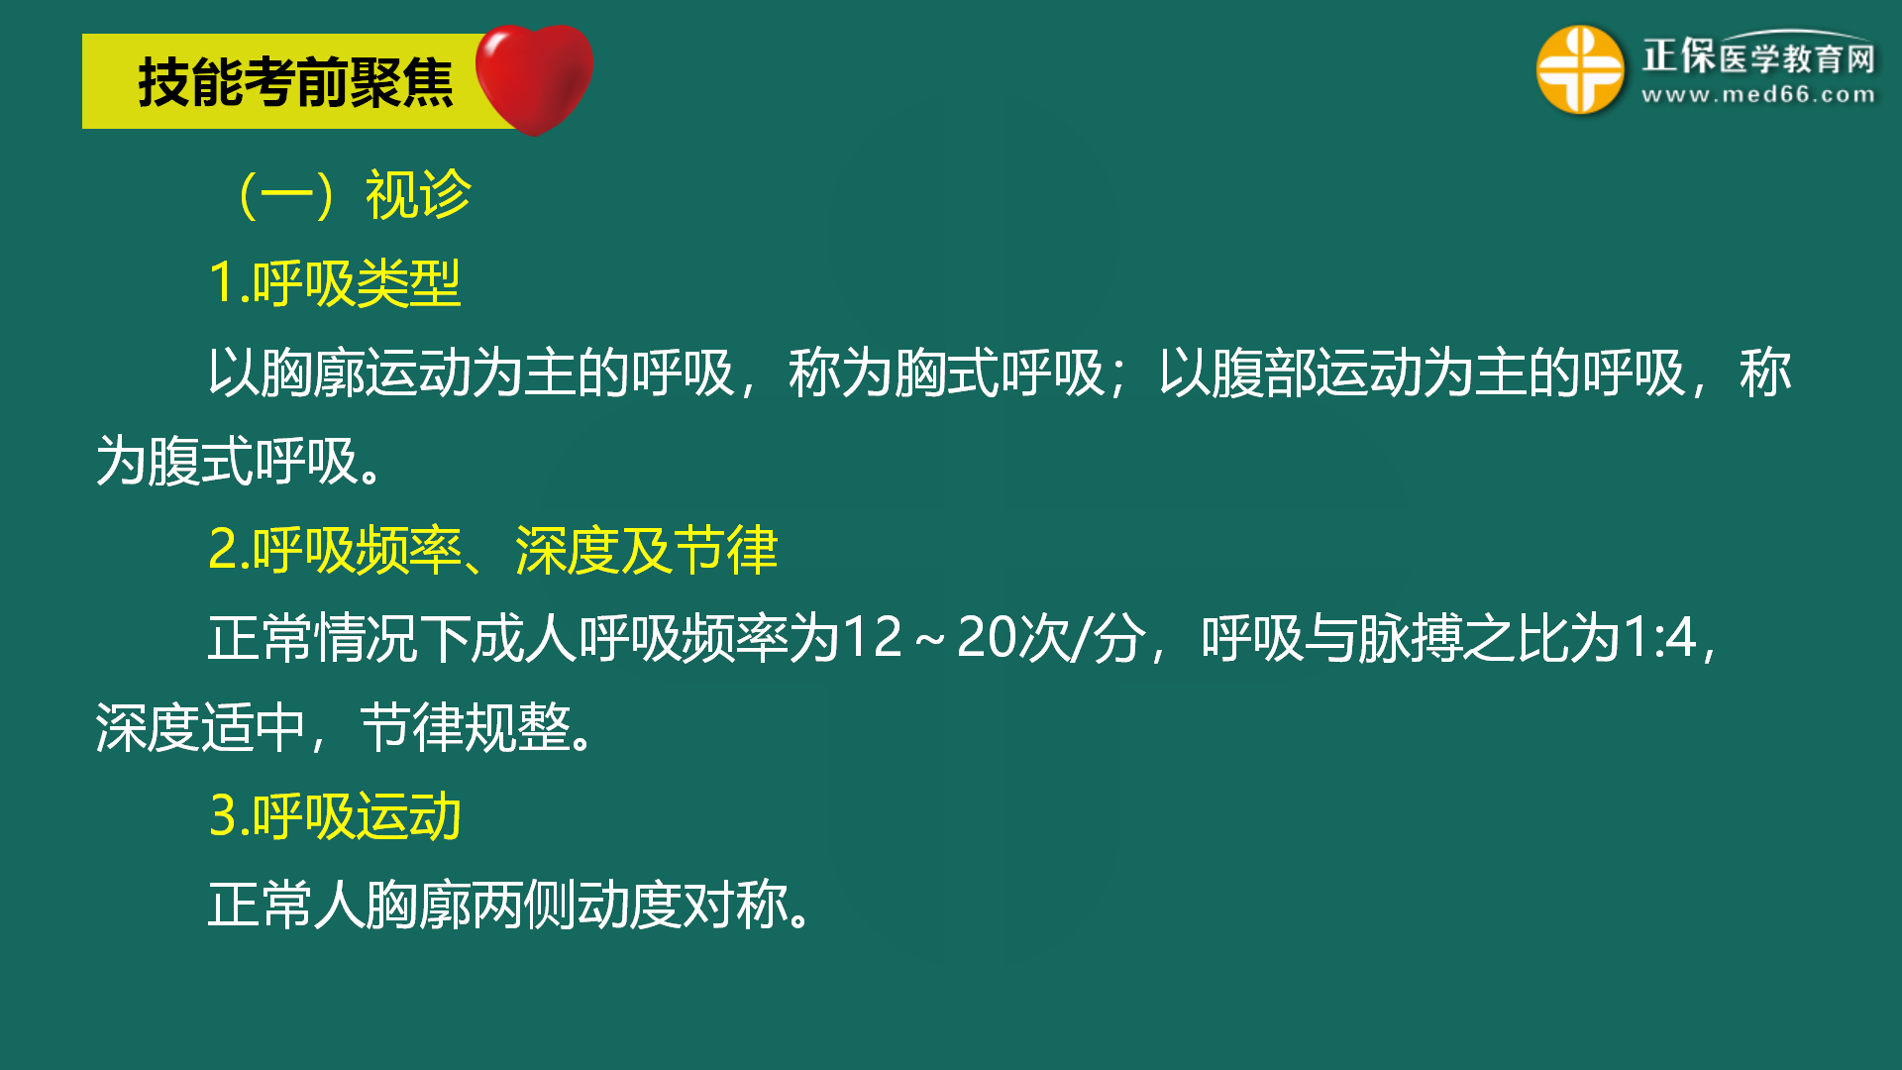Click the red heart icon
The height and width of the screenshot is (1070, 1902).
535,77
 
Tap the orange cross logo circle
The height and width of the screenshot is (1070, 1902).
1579,70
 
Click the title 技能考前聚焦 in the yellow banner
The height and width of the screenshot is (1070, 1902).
295,82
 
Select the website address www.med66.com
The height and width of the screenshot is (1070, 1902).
1757,95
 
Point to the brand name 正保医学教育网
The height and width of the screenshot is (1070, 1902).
1758,56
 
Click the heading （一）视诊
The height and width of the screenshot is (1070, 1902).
351,194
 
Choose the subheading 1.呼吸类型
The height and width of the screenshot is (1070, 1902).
335,283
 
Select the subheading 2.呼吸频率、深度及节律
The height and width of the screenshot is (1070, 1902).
492,550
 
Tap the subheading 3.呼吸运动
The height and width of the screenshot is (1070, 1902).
335,816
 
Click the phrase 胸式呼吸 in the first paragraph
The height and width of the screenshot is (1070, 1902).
999,374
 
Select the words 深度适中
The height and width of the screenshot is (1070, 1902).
200,727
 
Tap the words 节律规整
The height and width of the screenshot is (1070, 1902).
466,727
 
